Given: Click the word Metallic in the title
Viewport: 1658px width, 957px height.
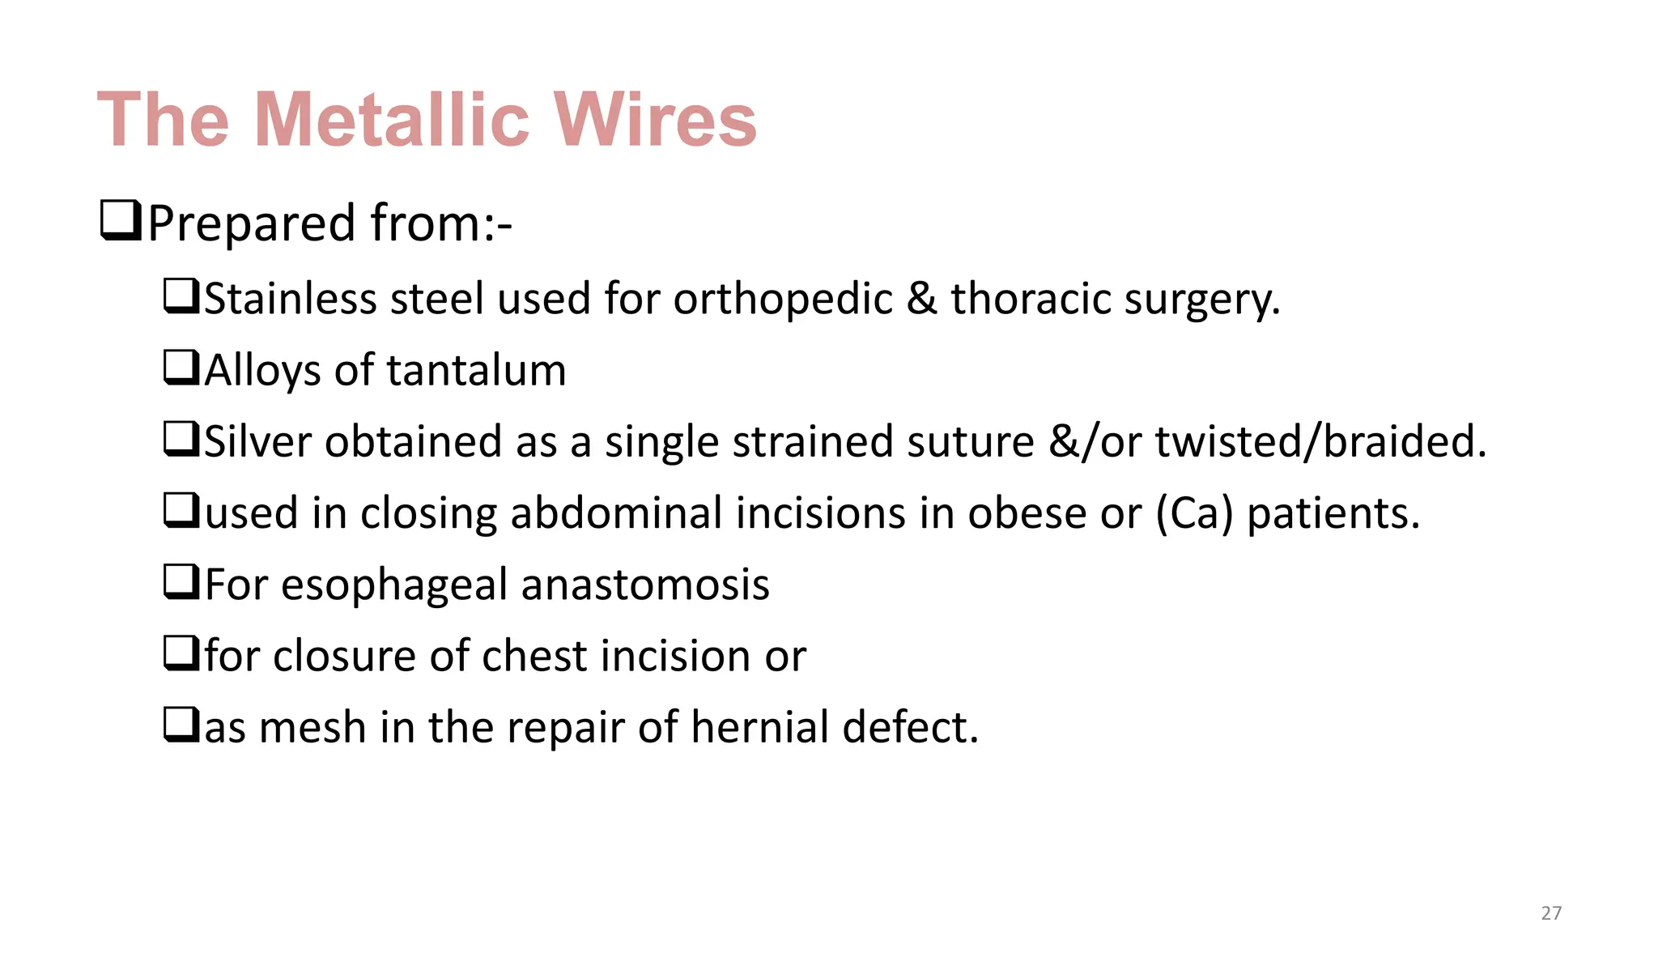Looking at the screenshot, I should (392, 120).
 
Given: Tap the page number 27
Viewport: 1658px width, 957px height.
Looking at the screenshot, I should (1551, 913).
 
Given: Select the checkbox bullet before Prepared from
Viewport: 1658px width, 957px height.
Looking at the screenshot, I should (121, 221).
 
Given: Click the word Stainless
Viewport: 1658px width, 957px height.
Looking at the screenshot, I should (290, 299).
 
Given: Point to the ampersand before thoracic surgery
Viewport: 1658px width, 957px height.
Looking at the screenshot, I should (921, 299).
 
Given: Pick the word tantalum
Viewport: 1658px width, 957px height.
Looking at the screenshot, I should (476, 371).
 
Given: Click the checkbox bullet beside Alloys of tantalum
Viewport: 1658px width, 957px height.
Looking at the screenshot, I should (181, 368).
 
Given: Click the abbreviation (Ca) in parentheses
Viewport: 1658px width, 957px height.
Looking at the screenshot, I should (1194, 513).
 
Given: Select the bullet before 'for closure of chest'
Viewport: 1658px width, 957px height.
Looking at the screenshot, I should (181, 653).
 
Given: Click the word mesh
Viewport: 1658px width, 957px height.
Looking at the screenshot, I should (312, 727).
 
